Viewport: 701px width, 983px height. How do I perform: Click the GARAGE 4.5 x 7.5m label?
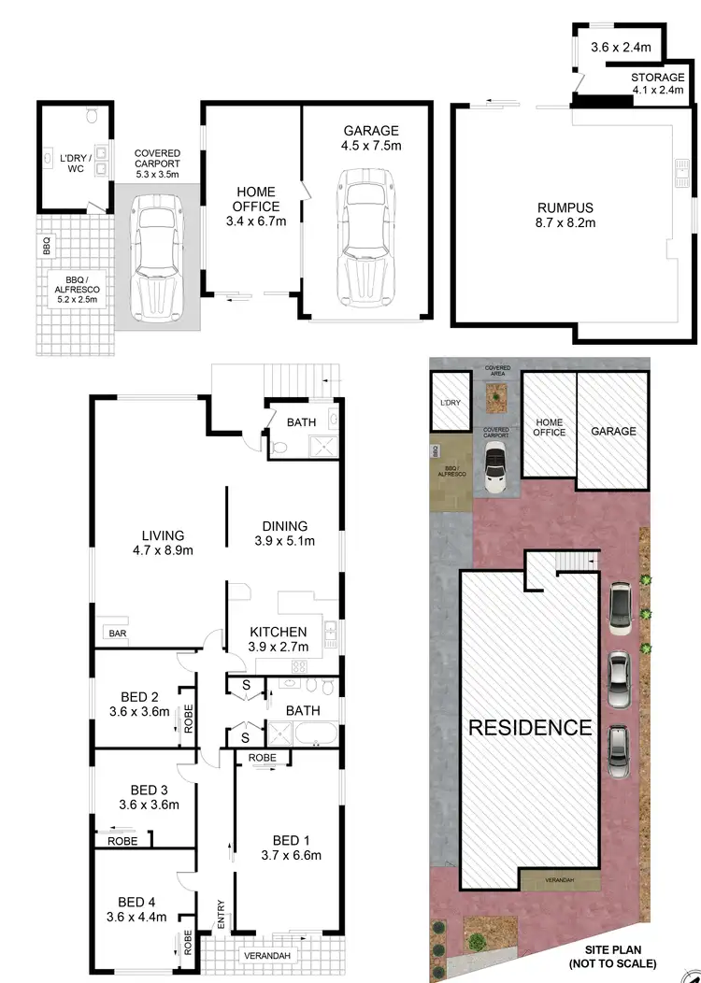370,138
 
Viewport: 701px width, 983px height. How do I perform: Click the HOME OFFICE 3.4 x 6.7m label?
255,207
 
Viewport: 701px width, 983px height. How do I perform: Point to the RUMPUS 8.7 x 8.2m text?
565,215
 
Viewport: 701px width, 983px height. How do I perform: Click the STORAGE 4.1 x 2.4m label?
657,84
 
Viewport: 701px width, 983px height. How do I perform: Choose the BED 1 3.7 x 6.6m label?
290,847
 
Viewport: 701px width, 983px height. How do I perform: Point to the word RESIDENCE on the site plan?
530,727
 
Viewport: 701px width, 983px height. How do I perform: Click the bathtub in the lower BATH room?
306,734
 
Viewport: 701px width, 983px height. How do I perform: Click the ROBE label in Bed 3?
122,841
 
